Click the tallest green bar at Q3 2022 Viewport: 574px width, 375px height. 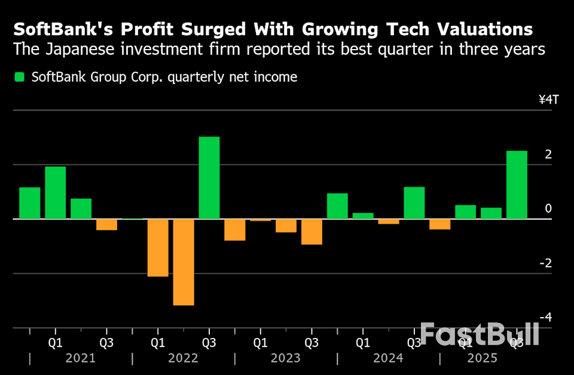coord(209,178)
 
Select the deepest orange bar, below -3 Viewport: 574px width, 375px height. coord(184,262)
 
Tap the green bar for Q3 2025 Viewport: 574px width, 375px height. coord(517,184)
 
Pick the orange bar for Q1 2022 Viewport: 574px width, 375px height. coord(158,248)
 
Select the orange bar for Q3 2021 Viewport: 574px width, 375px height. coord(107,224)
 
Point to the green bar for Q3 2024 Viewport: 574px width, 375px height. coord(414,203)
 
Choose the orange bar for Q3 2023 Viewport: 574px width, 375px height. coord(312,231)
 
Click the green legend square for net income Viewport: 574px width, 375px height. coord(20,77)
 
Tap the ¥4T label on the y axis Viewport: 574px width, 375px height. coord(548,99)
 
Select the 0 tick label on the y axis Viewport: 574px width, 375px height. coord(548,209)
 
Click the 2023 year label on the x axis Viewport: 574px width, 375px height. coord(285,358)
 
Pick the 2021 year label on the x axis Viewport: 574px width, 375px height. coord(80,358)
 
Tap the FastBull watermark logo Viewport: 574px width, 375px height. coord(479,334)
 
